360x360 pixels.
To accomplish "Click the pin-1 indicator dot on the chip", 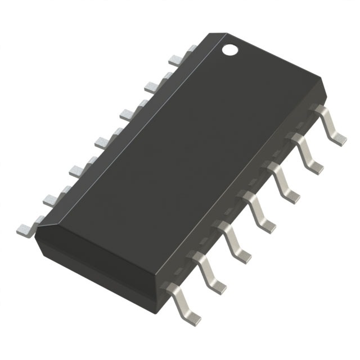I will [x=230, y=49].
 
